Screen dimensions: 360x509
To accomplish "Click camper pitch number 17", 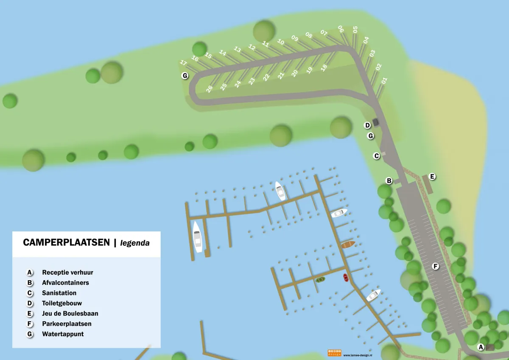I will [184, 63].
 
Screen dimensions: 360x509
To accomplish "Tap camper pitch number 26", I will [210, 89].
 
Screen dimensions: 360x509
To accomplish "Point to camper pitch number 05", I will [355, 29].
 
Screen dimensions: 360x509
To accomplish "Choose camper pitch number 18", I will [324, 67].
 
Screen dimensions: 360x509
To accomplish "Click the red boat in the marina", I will [346, 278].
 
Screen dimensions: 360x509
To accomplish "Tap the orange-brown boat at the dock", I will [348, 245].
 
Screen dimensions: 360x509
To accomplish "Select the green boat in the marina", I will [320, 279].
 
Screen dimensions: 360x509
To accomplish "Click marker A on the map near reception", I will [481, 347].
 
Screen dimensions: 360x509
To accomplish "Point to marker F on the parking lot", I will [435, 266].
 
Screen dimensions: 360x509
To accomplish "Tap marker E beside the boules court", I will [432, 176].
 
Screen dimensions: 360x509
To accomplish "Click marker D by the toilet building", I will [368, 125].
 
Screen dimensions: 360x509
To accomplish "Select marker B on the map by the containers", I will [389, 181].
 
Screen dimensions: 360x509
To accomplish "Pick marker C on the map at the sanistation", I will [376, 156].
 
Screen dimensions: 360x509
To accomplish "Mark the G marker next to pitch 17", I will [185, 76].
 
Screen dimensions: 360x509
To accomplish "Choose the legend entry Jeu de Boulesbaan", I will [70, 314].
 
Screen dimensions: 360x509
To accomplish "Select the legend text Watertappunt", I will [63, 334].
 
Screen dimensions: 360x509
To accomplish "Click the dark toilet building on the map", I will [375, 122].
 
